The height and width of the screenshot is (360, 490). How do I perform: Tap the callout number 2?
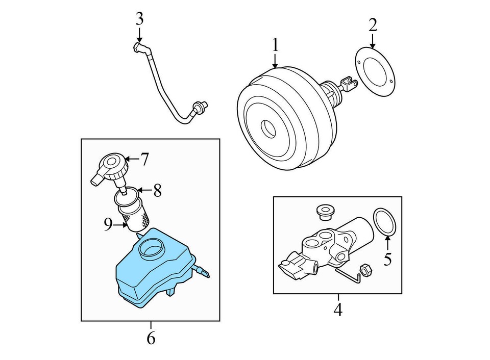(x=373, y=24)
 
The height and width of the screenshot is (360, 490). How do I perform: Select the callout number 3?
(x=139, y=20)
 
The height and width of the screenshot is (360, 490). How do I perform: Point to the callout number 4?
(x=338, y=309)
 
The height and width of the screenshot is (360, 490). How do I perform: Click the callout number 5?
(x=388, y=259)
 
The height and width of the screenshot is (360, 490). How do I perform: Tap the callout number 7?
(x=145, y=160)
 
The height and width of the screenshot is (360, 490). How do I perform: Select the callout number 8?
(x=157, y=191)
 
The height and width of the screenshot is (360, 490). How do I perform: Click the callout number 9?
(x=108, y=224)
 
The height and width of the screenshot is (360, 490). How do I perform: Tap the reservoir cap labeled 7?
(x=112, y=167)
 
